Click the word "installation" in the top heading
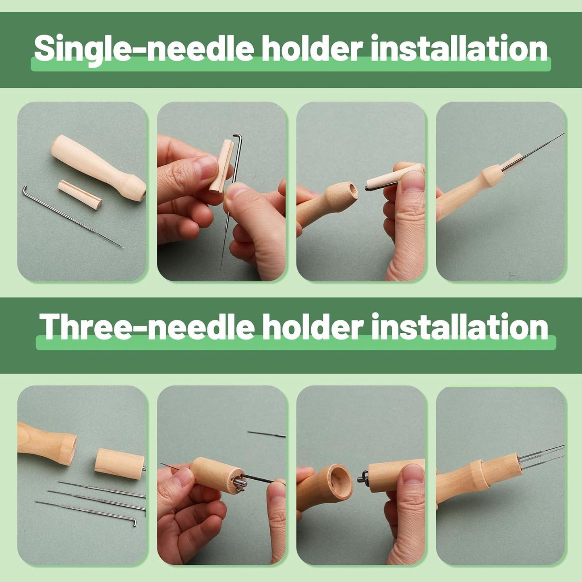(459, 48)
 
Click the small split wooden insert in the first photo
(79, 195)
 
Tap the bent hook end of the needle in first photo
(25, 189)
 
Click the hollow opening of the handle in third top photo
(352, 190)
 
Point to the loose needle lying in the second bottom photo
(266, 434)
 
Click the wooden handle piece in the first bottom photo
(46, 443)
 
